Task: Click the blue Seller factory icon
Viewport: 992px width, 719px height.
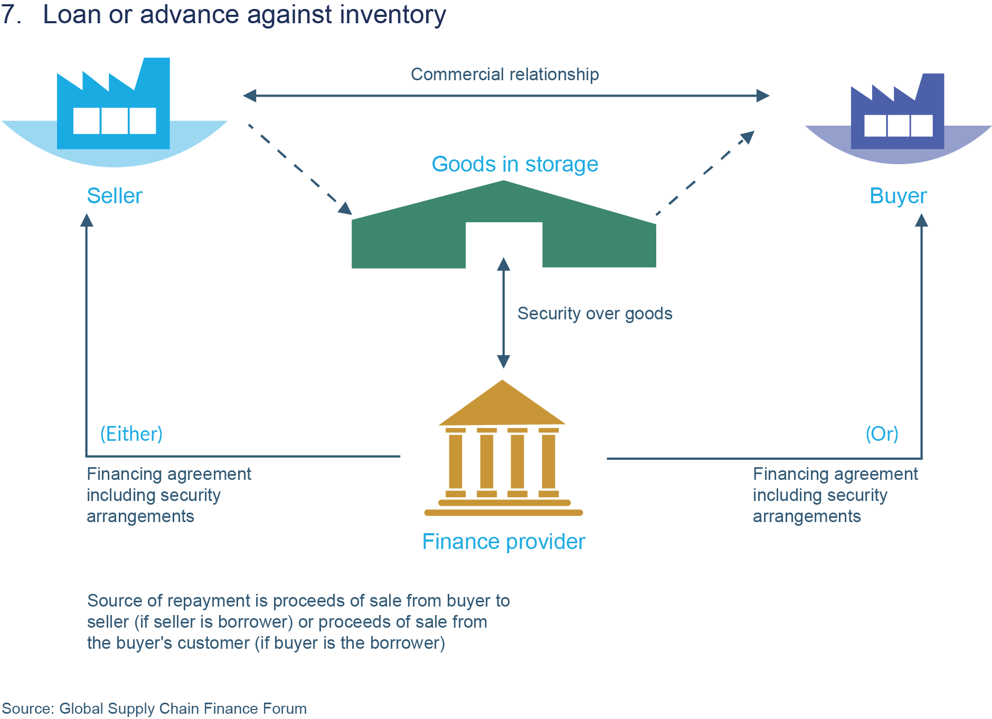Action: click(x=114, y=106)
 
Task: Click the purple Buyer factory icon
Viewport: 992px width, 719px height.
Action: click(x=897, y=113)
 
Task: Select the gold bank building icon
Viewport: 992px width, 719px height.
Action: click(x=503, y=449)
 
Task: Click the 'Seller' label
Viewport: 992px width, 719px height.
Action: click(x=115, y=196)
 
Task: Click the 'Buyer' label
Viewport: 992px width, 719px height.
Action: click(x=898, y=196)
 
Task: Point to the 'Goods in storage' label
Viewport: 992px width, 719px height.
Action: click(x=515, y=164)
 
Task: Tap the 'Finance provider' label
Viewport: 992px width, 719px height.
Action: click(x=504, y=542)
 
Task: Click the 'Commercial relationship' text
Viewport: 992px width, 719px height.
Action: click(x=505, y=74)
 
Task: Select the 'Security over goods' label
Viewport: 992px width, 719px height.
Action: click(x=595, y=314)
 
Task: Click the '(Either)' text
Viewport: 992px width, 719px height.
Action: click(x=131, y=434)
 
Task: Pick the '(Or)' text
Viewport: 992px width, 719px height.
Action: click(x=882, y=434)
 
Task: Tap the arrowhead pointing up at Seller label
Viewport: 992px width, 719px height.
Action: click(x=87, y=220)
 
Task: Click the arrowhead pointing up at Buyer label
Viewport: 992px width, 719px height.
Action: click(x=921, y=220)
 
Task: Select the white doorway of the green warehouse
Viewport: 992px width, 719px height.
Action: click(x=504, y=244)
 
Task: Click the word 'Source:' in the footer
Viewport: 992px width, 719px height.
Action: click(x=28, y=708)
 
